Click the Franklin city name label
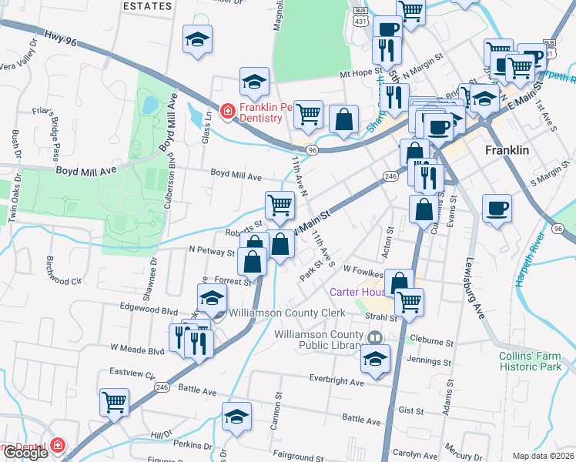507,150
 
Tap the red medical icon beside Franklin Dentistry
227,112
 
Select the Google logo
25,453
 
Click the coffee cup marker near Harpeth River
497,207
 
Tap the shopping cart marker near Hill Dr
115,402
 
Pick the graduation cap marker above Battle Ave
236,416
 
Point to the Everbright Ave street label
336,381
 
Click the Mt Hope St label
362,74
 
